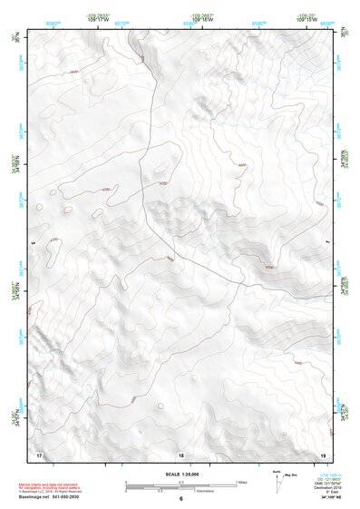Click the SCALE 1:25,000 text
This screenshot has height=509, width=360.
click(x=181, y=475)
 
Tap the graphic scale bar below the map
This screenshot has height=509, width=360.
click(x=180, y=485)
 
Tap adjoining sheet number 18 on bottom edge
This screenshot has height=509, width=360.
click(x=180, y=455)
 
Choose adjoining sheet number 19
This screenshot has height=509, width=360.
click(x=322, y=454)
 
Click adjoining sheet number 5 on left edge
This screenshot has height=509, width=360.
click(x=33, y=243)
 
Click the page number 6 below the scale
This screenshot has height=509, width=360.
click(x=180, y=500)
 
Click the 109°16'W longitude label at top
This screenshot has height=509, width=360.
click(x=202, y=21)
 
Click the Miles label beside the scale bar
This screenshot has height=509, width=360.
click(x=241, y=482)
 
